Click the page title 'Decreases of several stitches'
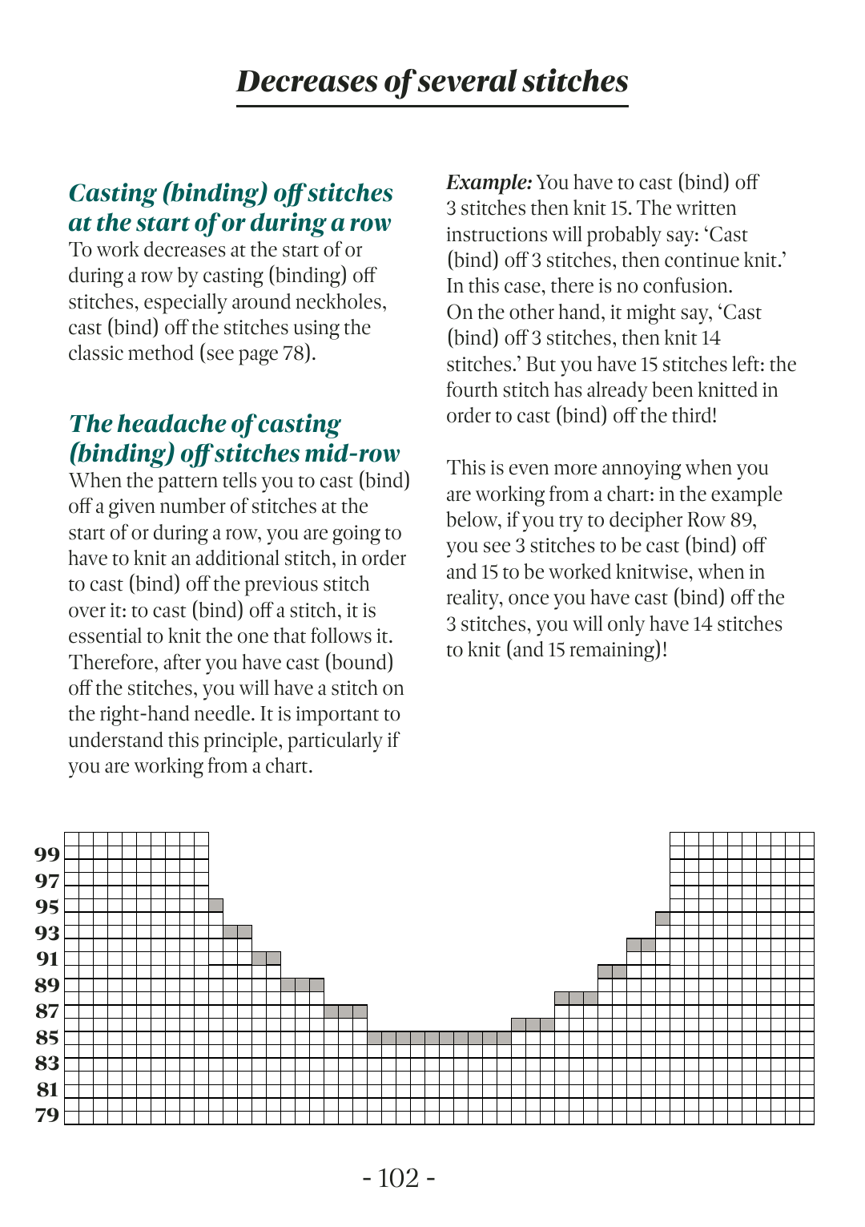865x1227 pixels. click(432, 81)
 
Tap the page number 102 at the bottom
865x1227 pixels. click(398, 1177)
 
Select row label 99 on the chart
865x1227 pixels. click(47, 854)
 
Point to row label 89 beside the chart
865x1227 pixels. click(47, 985)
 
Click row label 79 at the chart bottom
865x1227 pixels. click(47, 1115)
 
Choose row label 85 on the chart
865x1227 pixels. click(47, 1037)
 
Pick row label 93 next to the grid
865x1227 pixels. click(47, 933)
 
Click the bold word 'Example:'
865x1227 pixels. click(489, 183)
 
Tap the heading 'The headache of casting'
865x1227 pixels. click(204, 423)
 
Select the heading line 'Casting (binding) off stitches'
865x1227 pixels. click(231, 192)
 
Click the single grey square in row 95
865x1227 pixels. click(215, 905)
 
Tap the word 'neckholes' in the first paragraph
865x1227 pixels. click(340, 302)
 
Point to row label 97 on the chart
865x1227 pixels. click(47, 881)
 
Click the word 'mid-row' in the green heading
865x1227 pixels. click(352, 454)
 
